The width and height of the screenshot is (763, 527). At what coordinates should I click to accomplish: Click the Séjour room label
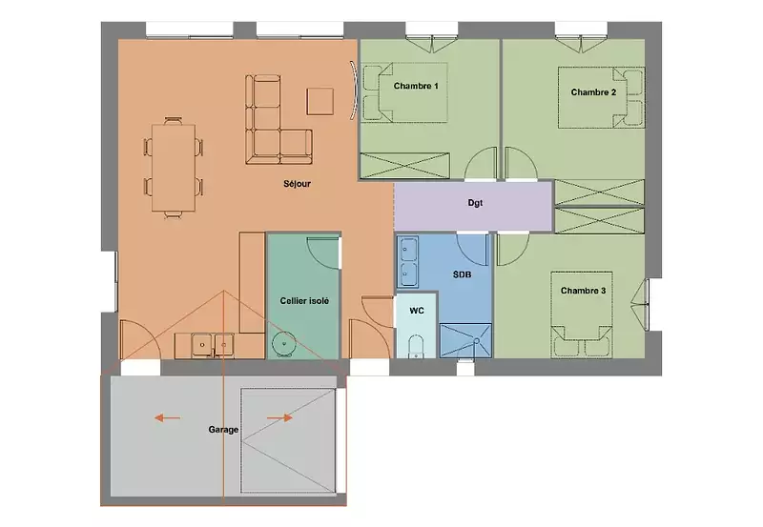(x=297, y=184)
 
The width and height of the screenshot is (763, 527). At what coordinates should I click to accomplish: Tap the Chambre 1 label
(x=416, y=86)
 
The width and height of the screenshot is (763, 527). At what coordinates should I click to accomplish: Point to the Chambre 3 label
(x=583, y=291)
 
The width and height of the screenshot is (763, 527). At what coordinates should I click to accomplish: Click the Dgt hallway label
(x=475, y=203)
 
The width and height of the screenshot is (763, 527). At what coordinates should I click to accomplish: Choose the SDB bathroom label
(x=462, y=274)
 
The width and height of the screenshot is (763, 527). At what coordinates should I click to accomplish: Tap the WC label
(x=417, y=311)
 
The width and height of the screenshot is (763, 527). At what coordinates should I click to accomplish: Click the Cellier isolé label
(x=304, y=301)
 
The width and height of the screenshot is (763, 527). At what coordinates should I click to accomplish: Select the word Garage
(x=223, y=430)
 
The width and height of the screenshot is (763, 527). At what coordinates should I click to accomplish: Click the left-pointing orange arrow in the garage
(x=168, y=417)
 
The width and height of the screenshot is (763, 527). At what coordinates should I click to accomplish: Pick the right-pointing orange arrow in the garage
(x=279, y=417)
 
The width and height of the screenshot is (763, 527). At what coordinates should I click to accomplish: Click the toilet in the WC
(x=416, y=346)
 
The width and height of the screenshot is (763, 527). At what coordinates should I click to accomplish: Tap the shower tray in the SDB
(x=465, y=341)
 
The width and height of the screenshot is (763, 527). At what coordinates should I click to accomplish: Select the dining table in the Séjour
(x=174, y=168)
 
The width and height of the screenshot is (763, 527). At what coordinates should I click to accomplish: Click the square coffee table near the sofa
(x=320, y=102)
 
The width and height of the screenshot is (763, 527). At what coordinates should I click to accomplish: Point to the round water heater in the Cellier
(x=283, y=344)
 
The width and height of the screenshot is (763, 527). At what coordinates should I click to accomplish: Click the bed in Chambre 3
(x=582, y=315)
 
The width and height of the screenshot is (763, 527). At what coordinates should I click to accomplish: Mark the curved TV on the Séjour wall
(x=354, y=91)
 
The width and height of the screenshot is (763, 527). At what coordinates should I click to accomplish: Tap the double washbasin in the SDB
(x=408, y=262)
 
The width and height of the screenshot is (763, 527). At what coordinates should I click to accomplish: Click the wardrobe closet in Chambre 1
(x=404, y=165)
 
